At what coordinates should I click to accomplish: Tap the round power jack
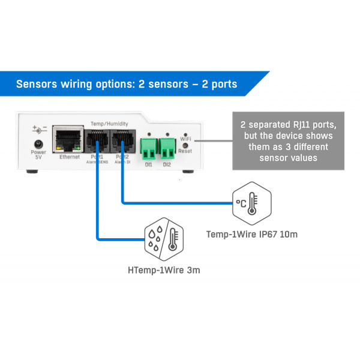click(x=38, y=143)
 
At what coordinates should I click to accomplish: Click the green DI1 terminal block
click(x=148, y=145)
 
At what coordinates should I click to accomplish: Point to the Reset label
click(x=185, y=151)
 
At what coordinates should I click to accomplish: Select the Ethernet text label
click(x=69, y=157)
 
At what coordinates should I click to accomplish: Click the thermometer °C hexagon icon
click(x=250, y=202)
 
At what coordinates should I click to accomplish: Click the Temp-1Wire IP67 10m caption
click(x=251, y=234)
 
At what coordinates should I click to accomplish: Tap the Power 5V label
click(x=38, y=155)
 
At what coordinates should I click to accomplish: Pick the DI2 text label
click(x=166, y=163)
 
